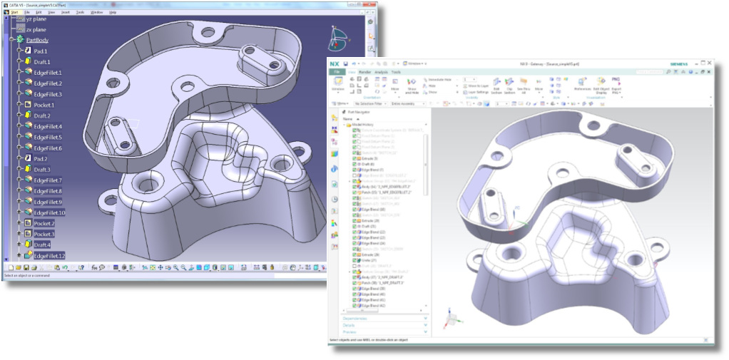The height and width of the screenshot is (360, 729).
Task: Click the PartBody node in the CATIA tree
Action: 37,41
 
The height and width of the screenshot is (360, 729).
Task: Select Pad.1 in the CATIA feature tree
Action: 41,51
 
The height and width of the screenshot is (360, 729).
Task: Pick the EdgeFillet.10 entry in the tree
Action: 49,212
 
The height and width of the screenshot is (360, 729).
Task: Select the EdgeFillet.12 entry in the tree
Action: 49,255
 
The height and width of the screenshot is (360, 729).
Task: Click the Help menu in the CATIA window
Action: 113,12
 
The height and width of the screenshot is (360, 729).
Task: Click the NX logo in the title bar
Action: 335,63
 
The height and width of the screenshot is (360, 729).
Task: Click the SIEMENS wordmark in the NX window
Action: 682,64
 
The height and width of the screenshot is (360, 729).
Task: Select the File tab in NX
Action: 335,72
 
